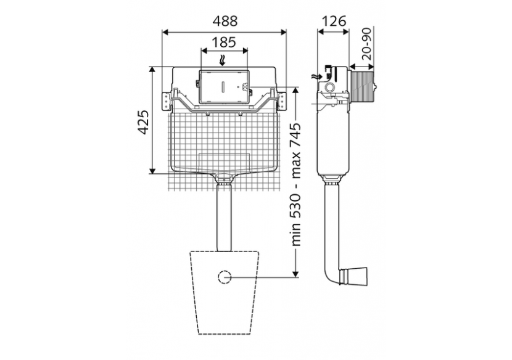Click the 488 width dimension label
(x=225, y=20)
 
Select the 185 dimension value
(x=224, y=43)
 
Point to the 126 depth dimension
(x=333, y=20)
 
